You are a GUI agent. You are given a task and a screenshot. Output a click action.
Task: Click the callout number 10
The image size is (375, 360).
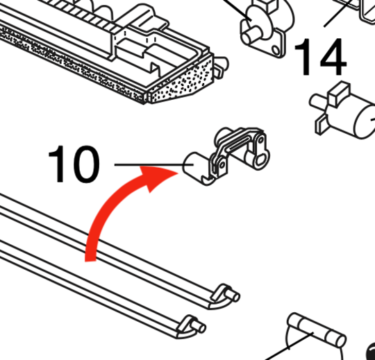pos(73,164)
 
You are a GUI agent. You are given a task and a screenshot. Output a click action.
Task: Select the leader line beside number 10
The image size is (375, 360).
pos(146,164)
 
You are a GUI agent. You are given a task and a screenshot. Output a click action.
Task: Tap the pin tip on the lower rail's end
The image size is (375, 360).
pos(201,327)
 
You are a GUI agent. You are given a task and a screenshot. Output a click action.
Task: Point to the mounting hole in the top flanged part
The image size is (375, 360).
pos(277,50)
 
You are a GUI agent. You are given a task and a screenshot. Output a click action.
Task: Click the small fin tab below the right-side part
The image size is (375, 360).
pos(321,124)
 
